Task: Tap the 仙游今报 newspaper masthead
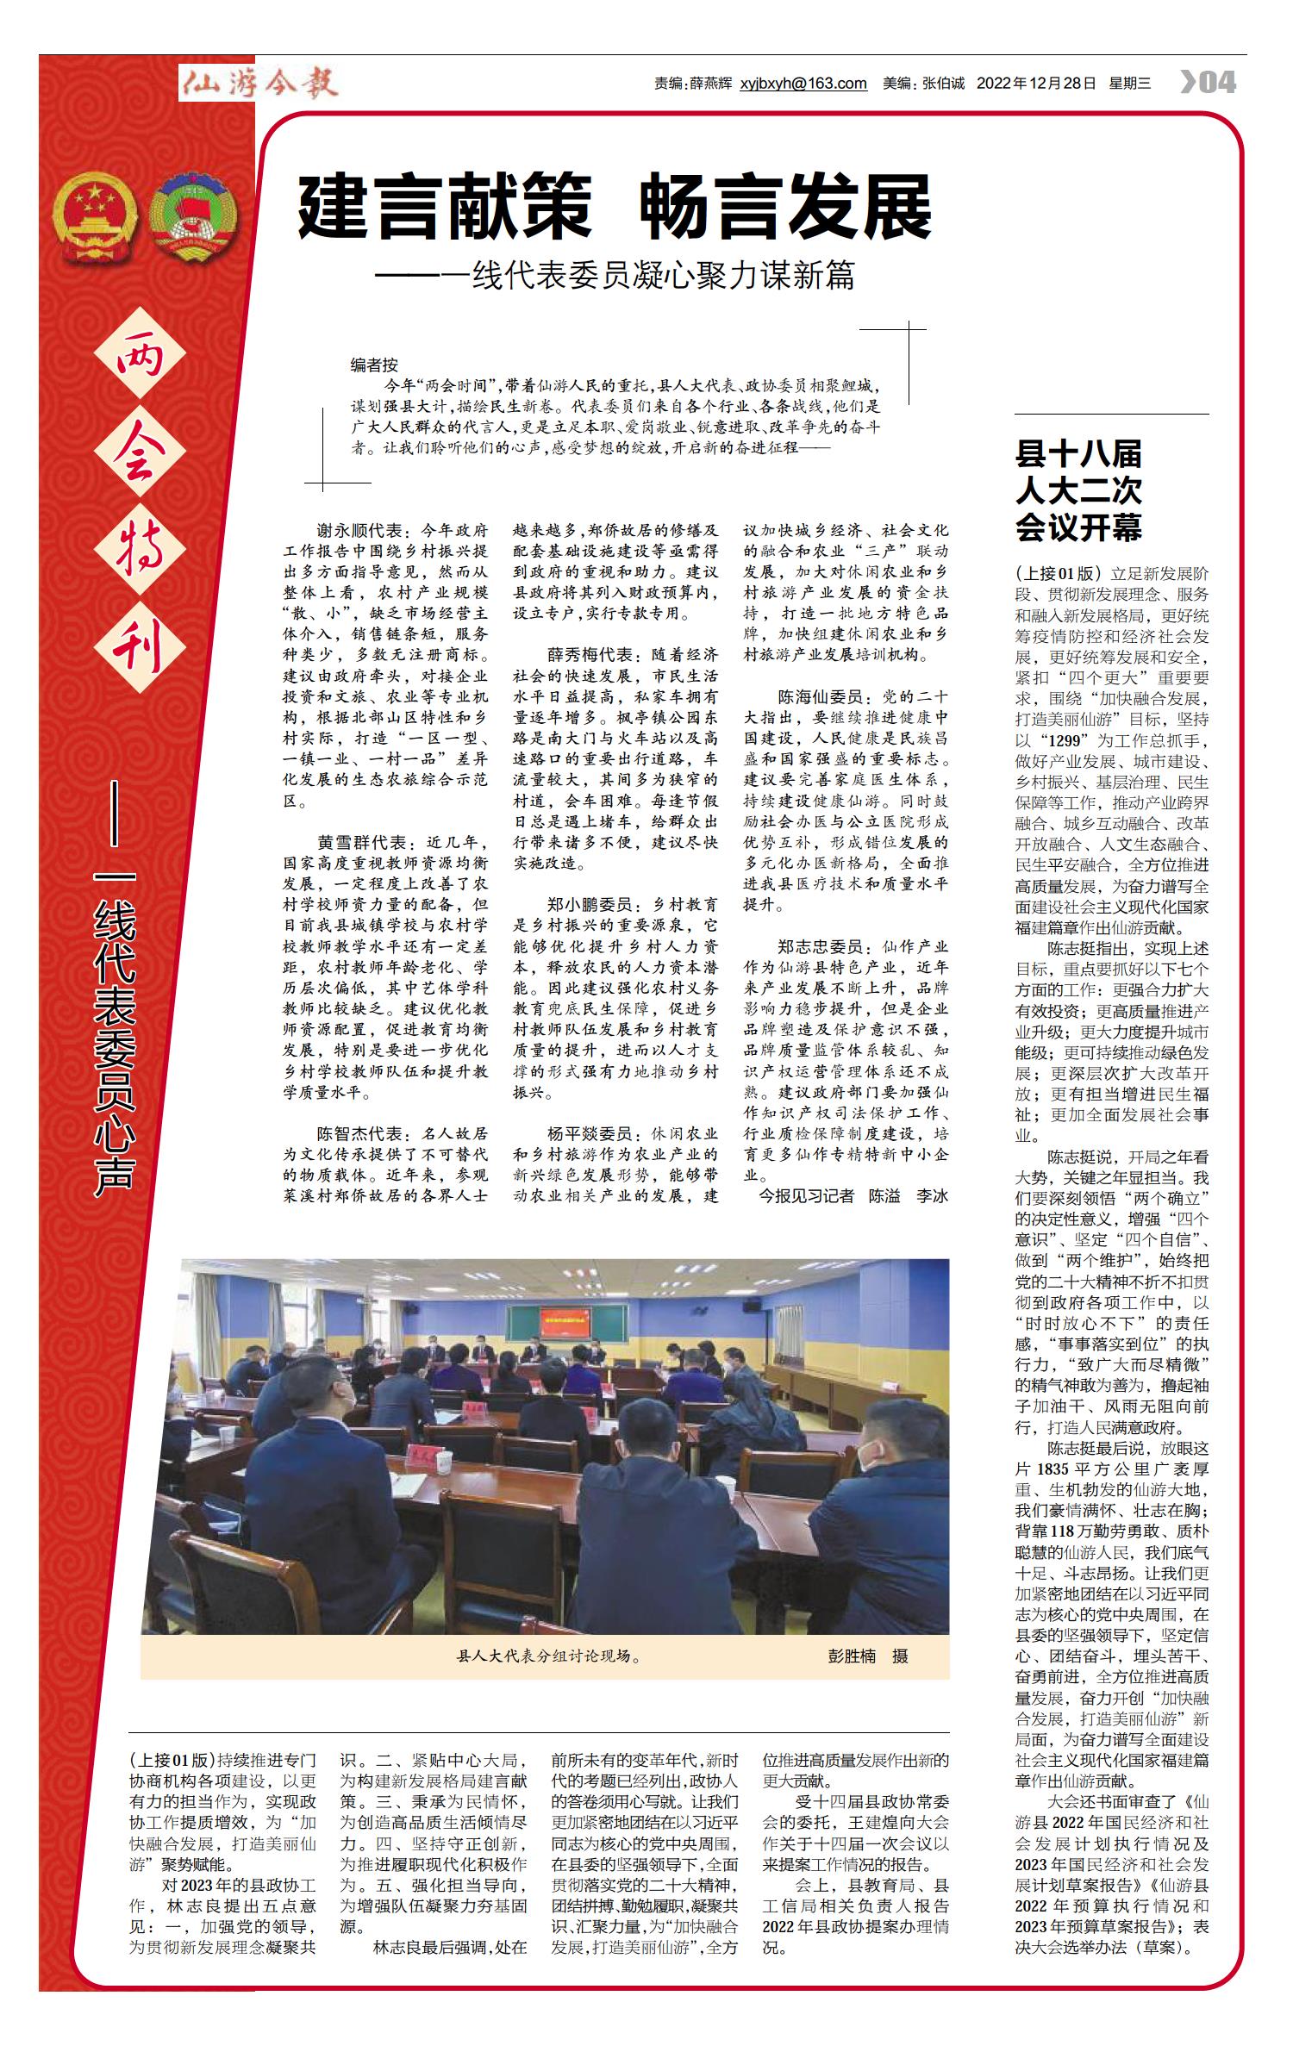pos(259,83)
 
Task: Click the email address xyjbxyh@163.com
pos(803,84)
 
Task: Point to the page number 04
pos(1209,83)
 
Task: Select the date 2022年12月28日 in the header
pos(1036,84)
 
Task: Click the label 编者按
pos(374,365)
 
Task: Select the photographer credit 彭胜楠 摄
pos(867,1656)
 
